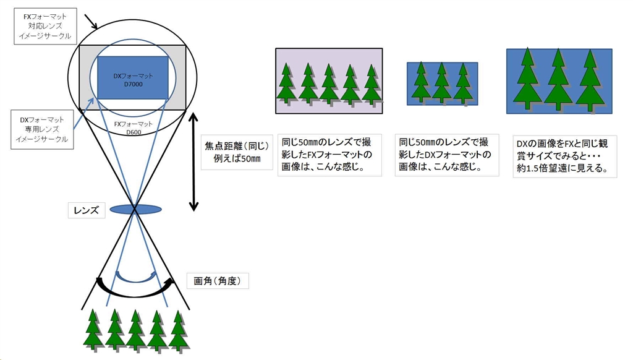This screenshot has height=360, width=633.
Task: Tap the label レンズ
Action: tap(86, 210)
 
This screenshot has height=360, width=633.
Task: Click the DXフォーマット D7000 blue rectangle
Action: tap(133, 78)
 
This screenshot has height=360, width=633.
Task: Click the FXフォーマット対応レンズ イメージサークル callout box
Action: tap(45, 27)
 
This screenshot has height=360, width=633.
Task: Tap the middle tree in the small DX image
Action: tap(441, 82)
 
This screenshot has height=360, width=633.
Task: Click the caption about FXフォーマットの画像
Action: tap(329, 155)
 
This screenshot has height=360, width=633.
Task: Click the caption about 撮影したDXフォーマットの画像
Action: tap(447, 155)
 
